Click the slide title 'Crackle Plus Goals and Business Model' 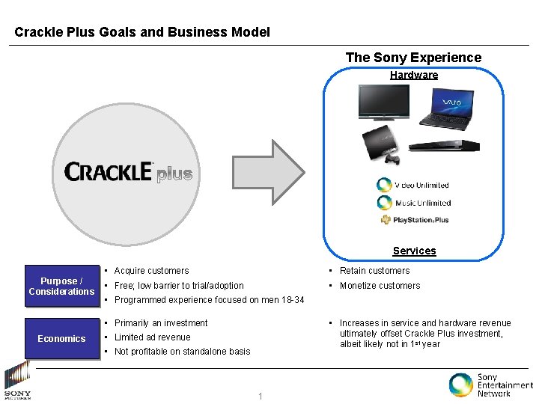pos(142,32)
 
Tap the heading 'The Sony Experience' pos(413,58)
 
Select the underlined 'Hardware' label pos(414,75)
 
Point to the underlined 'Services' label pos(414,251)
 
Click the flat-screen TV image pos(385,102)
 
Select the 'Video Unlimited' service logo pos(413,185)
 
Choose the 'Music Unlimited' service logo pos(413,203)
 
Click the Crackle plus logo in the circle pos(128,173)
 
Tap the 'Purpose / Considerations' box pos(61,286)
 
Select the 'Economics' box pos(61,338)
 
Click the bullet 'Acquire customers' pos(151,271)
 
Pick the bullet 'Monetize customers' pos(380,286)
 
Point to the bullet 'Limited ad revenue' pos(152,337)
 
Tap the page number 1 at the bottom pos(260,397)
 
